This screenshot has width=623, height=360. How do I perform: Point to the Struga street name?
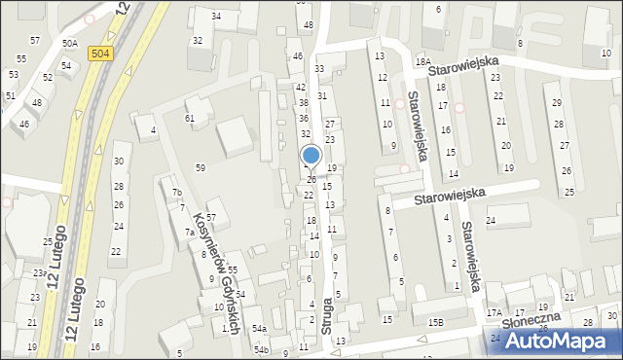[327, 317]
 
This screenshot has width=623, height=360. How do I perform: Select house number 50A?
[69, 44]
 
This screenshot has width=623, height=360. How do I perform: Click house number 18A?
[422, 62]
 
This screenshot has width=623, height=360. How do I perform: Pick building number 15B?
[434, 321]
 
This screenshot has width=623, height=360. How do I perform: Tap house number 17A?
[495, 313]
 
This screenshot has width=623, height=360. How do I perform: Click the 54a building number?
[259, 329]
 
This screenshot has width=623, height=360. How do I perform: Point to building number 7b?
[177, 193]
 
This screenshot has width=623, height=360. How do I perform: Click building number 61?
[190, 118]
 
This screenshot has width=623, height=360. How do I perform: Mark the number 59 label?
[201, 168]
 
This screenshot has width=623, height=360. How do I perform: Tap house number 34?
[216, 17]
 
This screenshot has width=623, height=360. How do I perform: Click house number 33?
[319, 69]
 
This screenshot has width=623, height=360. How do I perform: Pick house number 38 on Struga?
[303, 102]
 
